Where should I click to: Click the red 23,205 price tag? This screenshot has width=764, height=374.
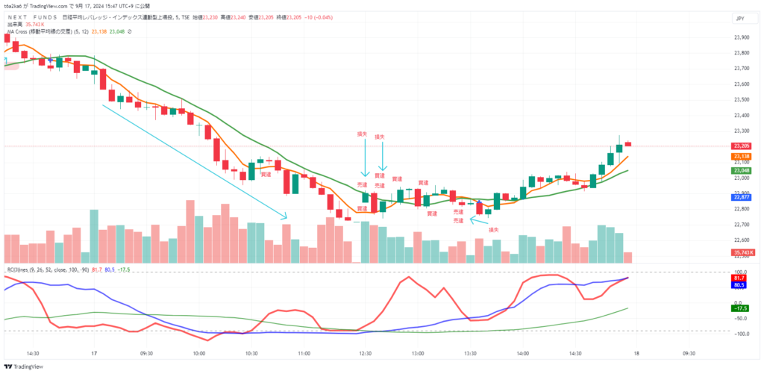[x=741, y=146]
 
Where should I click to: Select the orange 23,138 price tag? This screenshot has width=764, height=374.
[x=741, y=156]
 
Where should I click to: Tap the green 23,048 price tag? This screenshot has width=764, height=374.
[x=741, y=170]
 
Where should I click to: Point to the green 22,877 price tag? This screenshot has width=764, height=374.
[x=741, y=196]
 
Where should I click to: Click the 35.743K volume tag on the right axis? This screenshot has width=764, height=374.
[x=742, y=253]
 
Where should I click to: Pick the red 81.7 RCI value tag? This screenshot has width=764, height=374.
[x=741, y=277]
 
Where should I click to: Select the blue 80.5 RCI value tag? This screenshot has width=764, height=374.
[x=741, y=284]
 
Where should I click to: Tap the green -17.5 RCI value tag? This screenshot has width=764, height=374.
[x=741, y=307]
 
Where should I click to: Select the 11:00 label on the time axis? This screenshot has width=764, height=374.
[x=304, y=353]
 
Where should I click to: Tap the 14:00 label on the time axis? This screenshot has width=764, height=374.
[x=522, y=353]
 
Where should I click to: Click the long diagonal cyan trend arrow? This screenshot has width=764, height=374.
[x=194, y=161]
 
